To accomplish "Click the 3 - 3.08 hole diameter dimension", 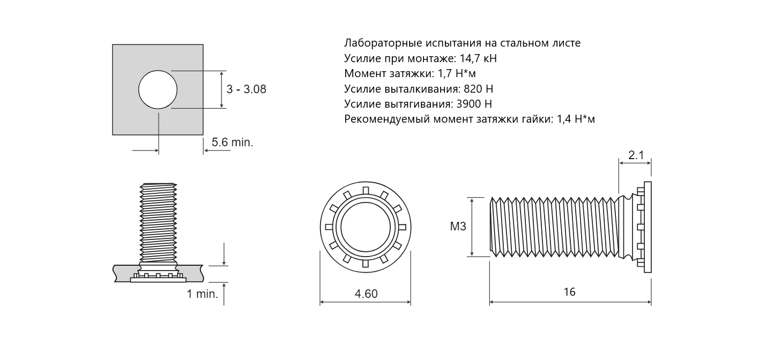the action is (247, 89).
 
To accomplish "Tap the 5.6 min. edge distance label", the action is (233, 142).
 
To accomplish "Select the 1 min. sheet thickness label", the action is (202, 294).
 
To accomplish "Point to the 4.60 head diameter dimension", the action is (366, 294).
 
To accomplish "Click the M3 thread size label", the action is (458, 226).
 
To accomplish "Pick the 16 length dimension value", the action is (570, 292).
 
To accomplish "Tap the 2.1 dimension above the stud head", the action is (636, 155).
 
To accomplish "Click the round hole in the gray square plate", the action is (158, 90).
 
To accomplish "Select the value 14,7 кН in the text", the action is (478, 58).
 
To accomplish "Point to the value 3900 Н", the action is (474, 103).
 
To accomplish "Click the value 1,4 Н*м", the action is (576, 119).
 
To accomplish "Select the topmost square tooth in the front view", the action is (366, 190).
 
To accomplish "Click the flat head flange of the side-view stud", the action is (648, 227).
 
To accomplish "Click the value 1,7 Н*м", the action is (457, 73).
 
